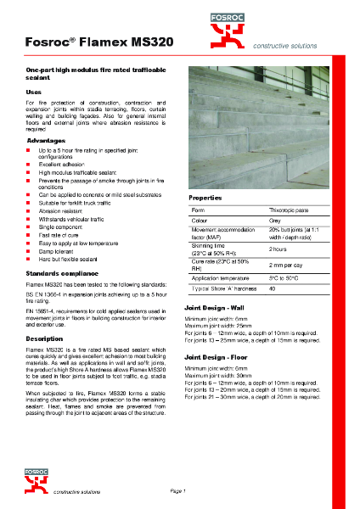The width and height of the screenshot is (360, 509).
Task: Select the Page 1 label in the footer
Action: [178, 491]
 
